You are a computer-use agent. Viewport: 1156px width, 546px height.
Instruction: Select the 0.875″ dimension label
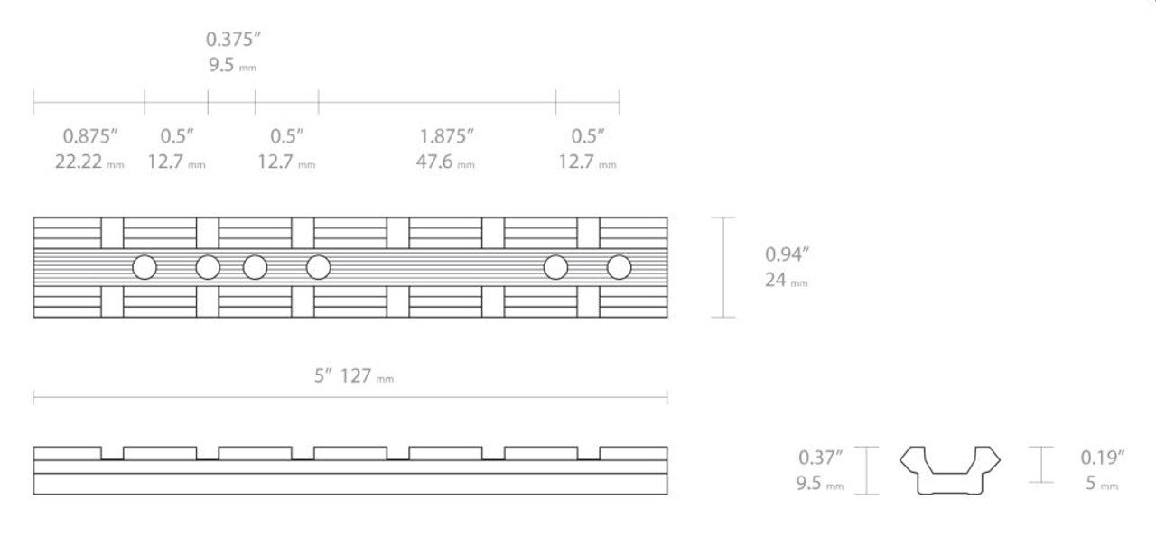click(x=89, y=136)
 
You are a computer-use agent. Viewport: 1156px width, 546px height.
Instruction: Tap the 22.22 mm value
click(x=89, y=164)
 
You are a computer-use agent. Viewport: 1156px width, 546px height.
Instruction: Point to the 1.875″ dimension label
click(x=446, y=136)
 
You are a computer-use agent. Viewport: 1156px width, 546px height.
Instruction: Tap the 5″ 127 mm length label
click(x=353, y=375)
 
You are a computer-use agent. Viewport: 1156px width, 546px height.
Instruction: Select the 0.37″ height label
click(x=820, y=458)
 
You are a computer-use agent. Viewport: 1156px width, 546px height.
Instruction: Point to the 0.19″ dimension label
click(x=1103, y=458)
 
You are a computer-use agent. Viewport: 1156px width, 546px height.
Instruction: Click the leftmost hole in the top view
click(x=144, y=267)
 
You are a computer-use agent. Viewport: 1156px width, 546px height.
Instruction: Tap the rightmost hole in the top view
click(x=619, y=267)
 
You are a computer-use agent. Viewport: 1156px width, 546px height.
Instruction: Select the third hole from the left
click(x=255, y=267)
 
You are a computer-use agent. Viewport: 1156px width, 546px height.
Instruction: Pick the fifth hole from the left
click(x=555, y=267)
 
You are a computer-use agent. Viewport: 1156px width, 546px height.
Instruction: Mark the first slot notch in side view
click(x=112, y=453)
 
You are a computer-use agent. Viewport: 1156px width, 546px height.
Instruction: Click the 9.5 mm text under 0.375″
click(x=231, y=66)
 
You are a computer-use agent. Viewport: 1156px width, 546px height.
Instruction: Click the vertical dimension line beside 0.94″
click(x=722, y=267)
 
